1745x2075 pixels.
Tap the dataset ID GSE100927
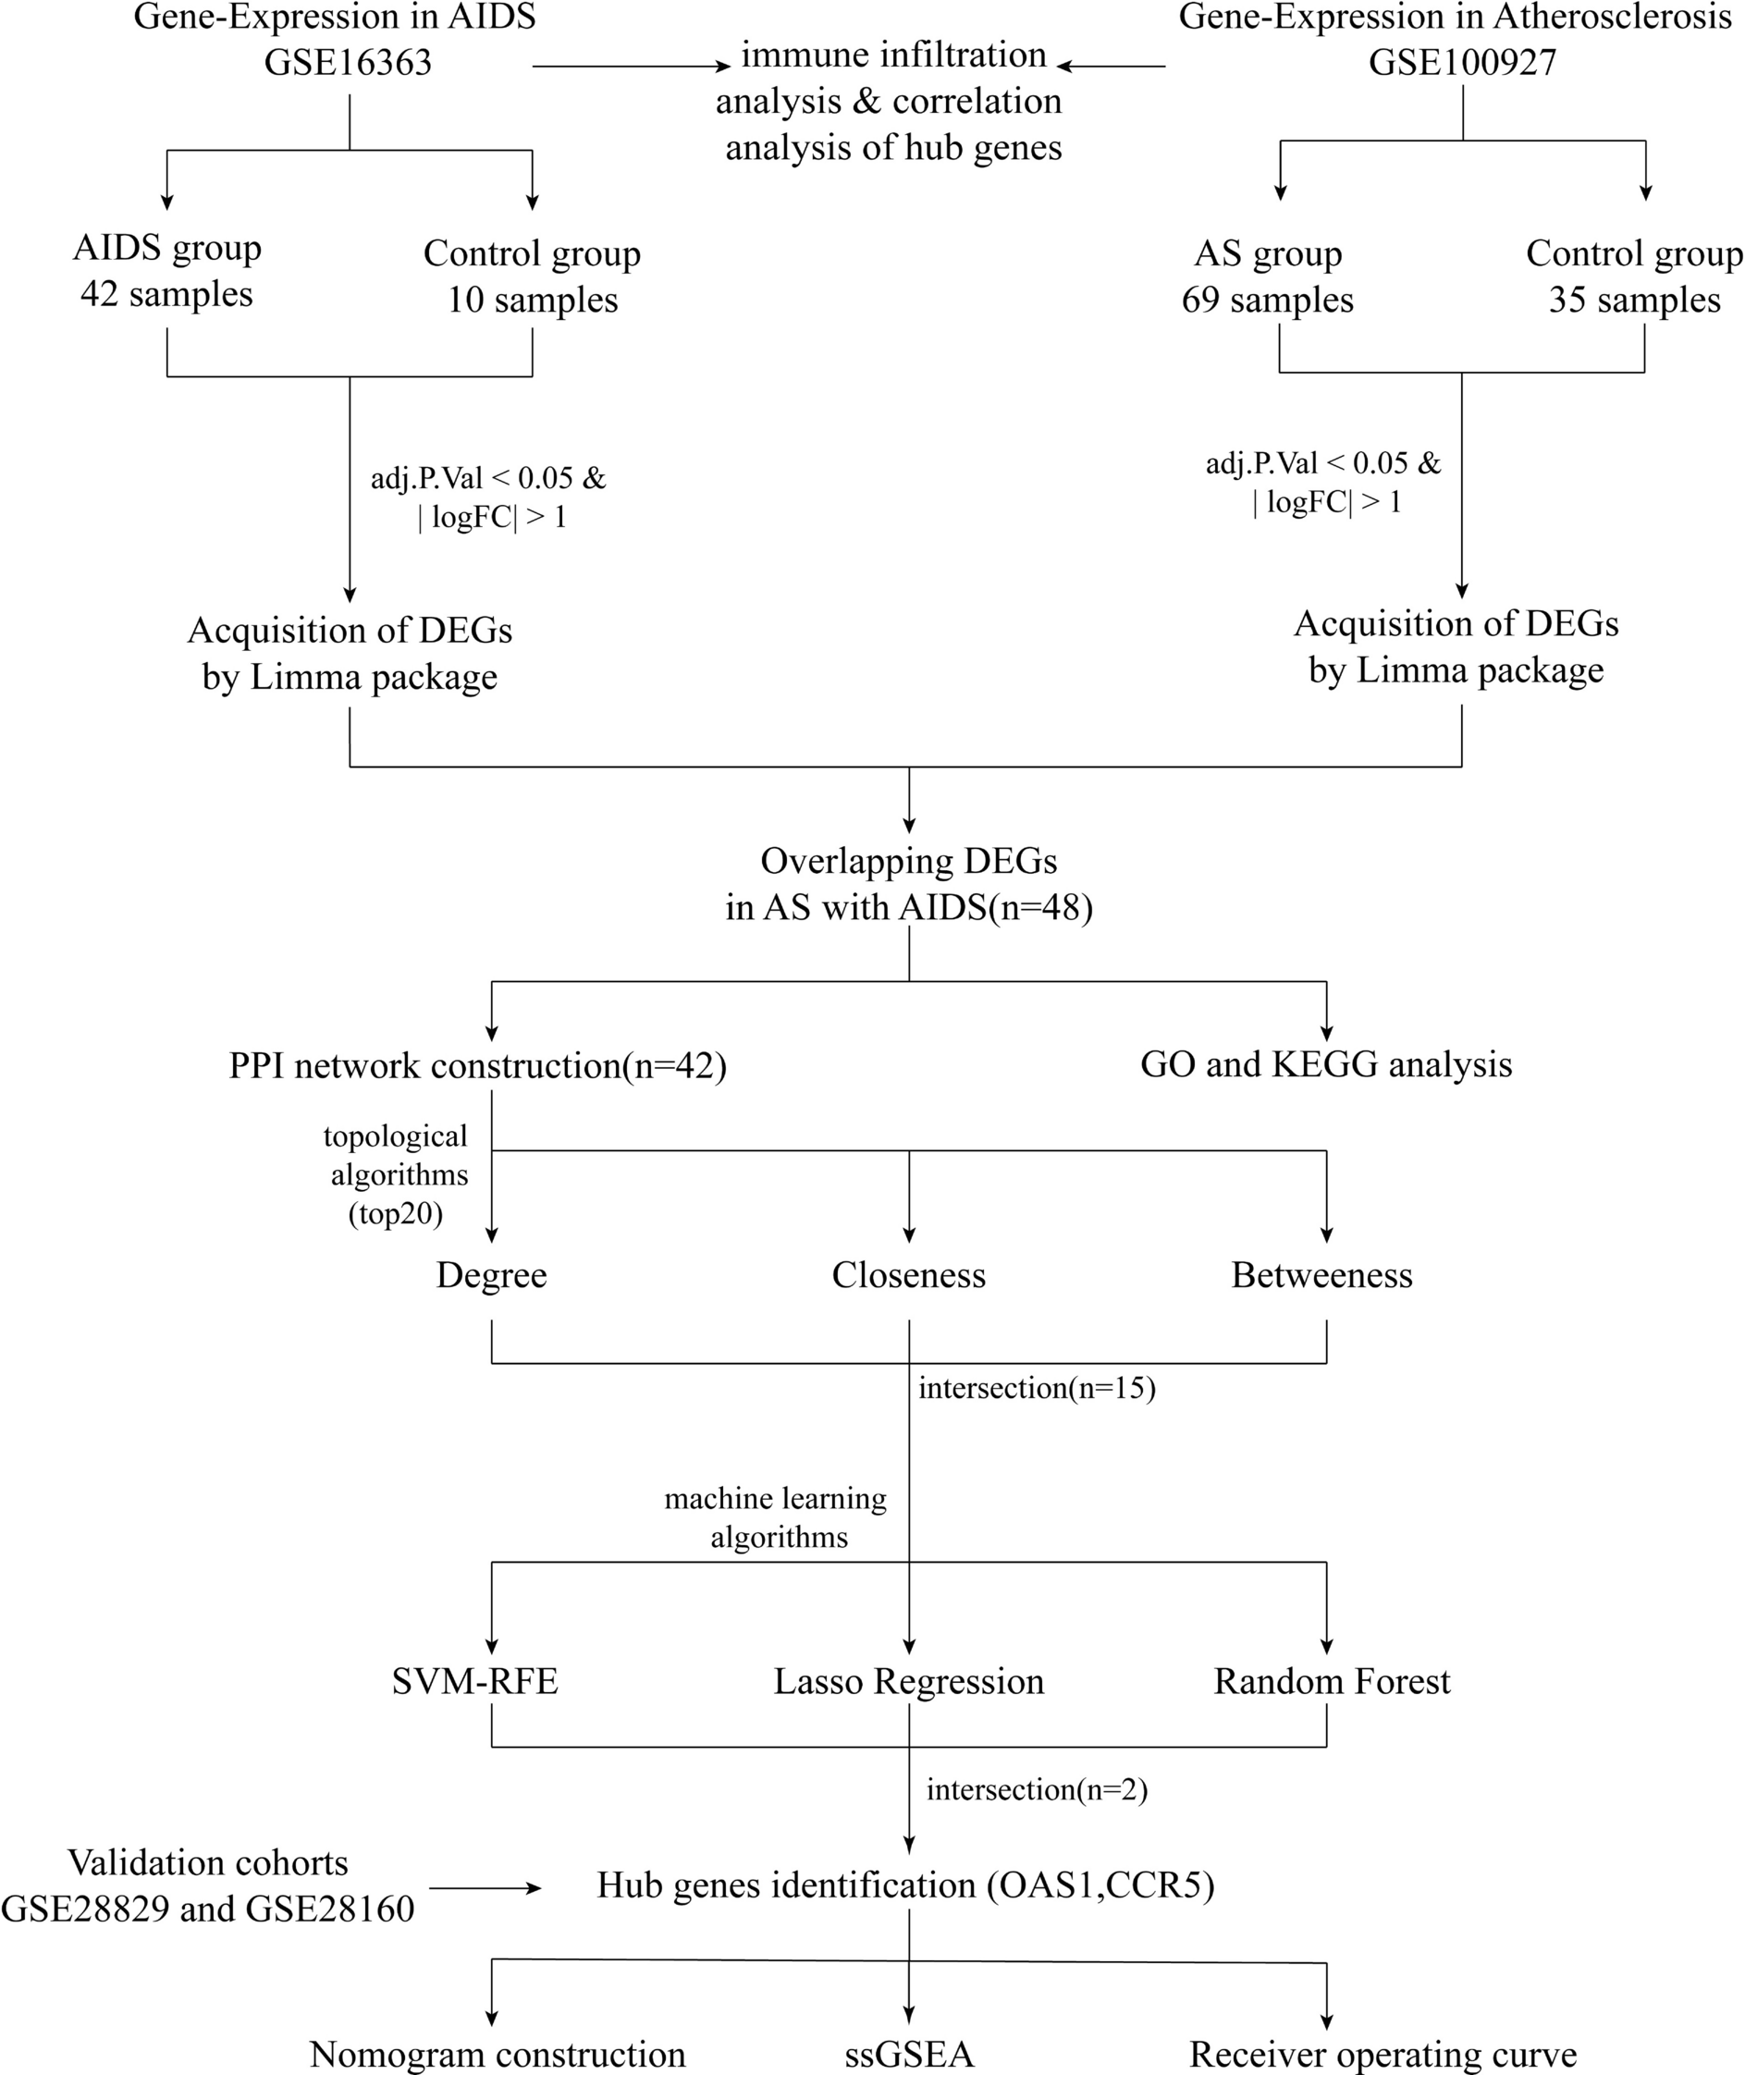(x=1461, y=63)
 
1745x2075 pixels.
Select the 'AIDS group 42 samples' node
(x=166, y=270)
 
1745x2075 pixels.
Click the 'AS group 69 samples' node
(x=1267, y=276)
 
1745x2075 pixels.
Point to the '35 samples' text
(x=1633, y=300)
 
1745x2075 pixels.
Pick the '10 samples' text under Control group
(x=533, y=300)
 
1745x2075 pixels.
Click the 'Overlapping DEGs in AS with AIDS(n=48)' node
(x=908, y=883)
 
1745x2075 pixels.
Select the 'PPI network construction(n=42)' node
(x=478, y=1065)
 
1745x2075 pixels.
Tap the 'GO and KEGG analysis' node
(x=1325, y=1064)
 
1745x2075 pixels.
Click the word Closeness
(x=908, y=1275)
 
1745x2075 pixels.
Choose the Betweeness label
(x=1321, y=1275)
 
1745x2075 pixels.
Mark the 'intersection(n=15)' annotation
(x=1036, y=1388)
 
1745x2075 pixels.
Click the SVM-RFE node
(x=474, y=1681)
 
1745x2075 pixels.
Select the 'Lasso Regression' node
(x=908, y=1681)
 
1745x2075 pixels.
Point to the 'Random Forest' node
(x=1331, y=1681)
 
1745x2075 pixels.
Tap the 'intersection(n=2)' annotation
(x=1036, y=1789)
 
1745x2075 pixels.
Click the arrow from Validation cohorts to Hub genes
(x=485, y=1888)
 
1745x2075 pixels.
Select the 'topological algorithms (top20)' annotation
(x=396, y=1175)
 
